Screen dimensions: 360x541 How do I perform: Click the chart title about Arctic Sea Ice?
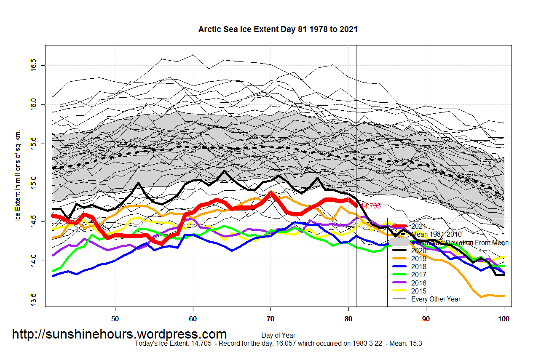pyautogui.click(x=278, y=29)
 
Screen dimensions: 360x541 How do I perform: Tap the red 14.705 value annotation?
pyautogui.click(x=371, y=206)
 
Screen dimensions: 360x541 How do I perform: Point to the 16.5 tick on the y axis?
pyautogui.click(x=34, y=65)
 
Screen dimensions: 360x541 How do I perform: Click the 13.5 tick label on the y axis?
pyautogui.click(x=34, y=300)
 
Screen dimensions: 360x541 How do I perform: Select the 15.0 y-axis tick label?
pyautogui.click(x=34, y=183)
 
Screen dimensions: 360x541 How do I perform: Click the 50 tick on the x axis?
pyautogui.click(x=115, y=319)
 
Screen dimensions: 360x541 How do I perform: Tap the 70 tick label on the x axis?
pyautogui.click(x=270, y=319)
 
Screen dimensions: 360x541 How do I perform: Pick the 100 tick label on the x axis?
pyautogui.click(x=504, y=319)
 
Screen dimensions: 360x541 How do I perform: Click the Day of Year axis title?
pyautogui.click(x=278, y=336)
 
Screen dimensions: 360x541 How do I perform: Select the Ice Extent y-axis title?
pyautogui.click(x=18, y=181)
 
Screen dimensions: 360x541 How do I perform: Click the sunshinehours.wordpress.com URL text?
pyautogui.click(x=119, y=334)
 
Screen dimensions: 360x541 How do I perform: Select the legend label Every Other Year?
pyautogui.click(x=436, y=299)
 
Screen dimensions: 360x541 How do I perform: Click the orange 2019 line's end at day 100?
pyautogui.click(x=504, y=296)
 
